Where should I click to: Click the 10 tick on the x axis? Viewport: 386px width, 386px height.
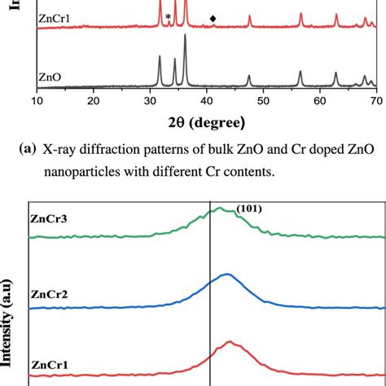(x=37, y=100)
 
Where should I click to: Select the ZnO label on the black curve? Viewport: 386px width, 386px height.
(x=50, y=78)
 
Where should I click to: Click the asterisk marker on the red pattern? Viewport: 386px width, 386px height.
(x=169, y=17)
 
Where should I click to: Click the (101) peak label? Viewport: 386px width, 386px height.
(x=248, y=208)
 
